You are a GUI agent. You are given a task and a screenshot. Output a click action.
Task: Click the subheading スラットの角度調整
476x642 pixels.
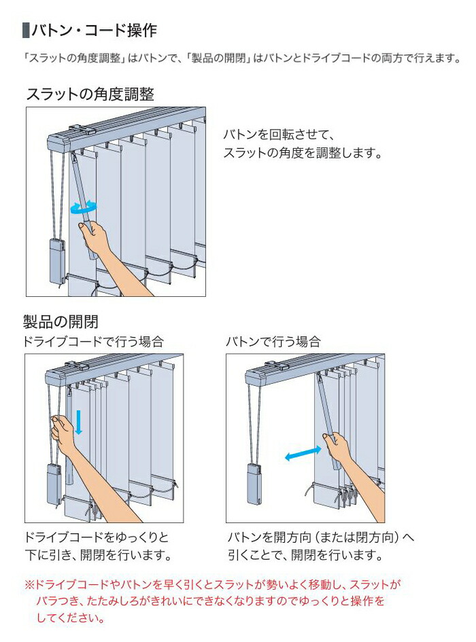click(90, 94)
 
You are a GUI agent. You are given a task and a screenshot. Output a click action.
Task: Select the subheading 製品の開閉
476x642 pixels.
click(61, 321)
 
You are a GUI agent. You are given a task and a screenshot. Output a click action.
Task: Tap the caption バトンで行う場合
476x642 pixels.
click(273, 342)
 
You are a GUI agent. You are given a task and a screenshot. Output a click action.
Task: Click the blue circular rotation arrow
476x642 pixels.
click(84, 207)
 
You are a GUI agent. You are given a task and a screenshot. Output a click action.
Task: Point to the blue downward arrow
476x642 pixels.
click(79, 421)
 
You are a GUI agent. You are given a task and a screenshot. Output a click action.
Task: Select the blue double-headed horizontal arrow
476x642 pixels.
click(303, 454)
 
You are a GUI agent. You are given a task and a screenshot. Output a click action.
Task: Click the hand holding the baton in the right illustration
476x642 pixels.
click(340, 448)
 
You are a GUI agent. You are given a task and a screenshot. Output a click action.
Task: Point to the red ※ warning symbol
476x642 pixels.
click(29, 584)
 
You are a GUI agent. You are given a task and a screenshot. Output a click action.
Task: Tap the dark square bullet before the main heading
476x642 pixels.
click(26, 31)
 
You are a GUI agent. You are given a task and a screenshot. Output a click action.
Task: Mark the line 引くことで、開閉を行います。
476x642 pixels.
click(303, 555)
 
